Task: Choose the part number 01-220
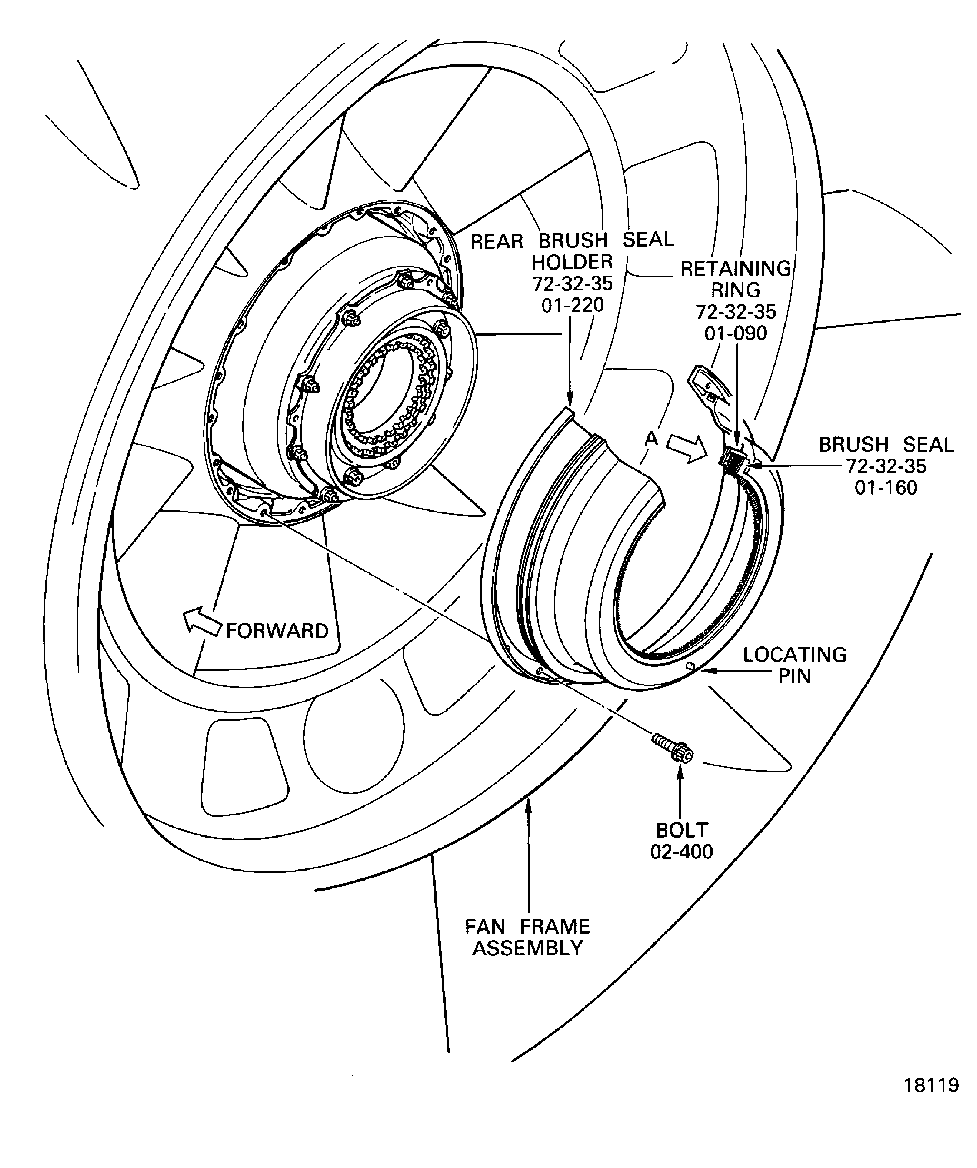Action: [x=572, y=305]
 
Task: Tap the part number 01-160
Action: [x=886, y=488]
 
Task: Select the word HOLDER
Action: [x=572, y=262]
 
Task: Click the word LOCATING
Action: [x=794, y=655]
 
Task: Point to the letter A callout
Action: [x=651, y=439]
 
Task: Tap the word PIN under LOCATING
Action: [x=794, y=676]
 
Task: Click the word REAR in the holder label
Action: [x=497, y=241]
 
